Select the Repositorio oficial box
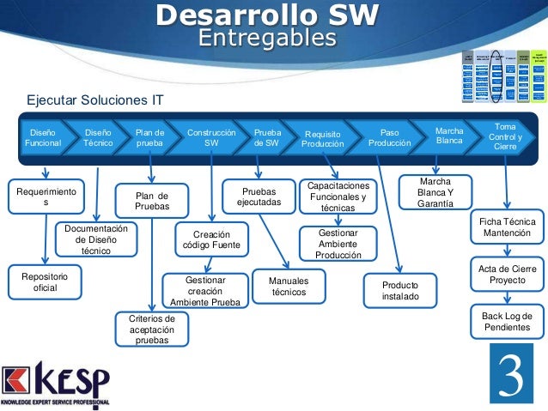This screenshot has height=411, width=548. pos(44,282)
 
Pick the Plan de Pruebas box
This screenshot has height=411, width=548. pos(152,201)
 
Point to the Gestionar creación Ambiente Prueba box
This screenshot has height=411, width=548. pos(204,291)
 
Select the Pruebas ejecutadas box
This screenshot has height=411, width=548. pos(259,196)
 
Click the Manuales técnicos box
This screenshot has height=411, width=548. pos(289,287)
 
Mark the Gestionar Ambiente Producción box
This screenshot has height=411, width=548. pos(338,244)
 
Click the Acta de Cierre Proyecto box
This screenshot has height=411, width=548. pos(507,275)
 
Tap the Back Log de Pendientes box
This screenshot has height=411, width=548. pos(507,323)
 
